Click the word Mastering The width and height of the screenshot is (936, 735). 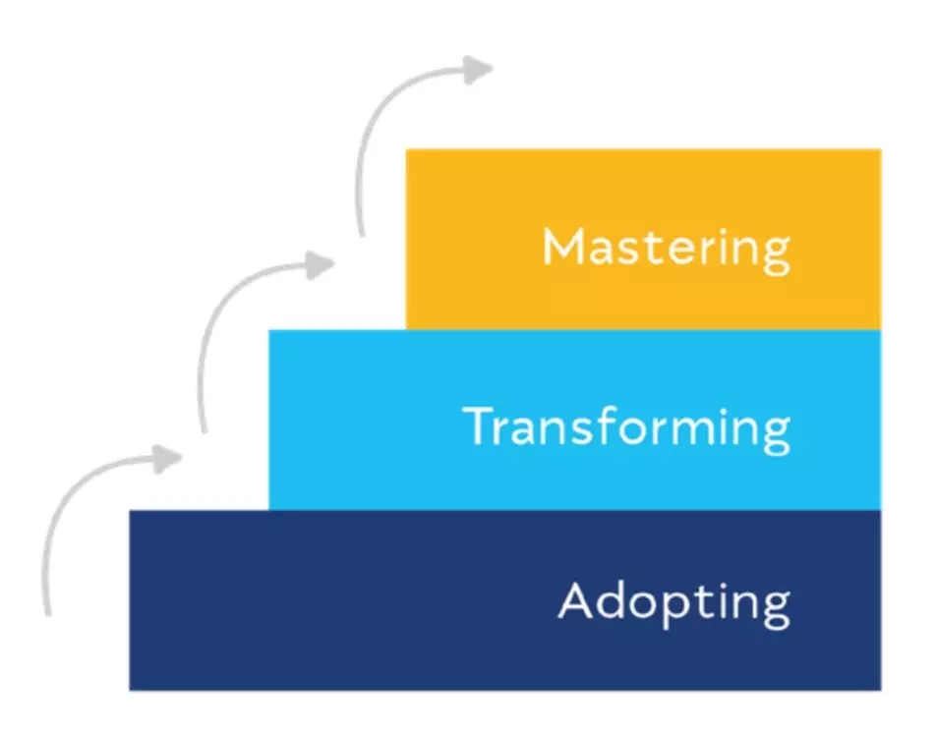click(x=667, y=251)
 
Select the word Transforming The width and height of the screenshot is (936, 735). click(x=627, y=428)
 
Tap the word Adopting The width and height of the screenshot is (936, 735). click(x=674, y=603)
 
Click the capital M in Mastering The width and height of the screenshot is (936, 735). click(x=563, y=246)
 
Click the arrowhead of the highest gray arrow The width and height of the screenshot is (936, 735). click(x=478, y=70)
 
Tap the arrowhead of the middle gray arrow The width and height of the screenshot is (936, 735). click(x=320, y=265)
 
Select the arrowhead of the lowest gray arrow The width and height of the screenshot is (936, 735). click(x=166, y=459)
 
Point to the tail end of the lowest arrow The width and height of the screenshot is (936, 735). click(x=48, y=614)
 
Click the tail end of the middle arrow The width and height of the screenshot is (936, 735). click(x=205, y=430)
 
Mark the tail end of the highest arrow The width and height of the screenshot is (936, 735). click(x=361, y=234)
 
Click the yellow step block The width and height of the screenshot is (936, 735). click(x=643, y=239)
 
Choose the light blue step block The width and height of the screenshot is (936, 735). click(x=575, y=420)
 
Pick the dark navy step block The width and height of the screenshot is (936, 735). click(x=505, y=600)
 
